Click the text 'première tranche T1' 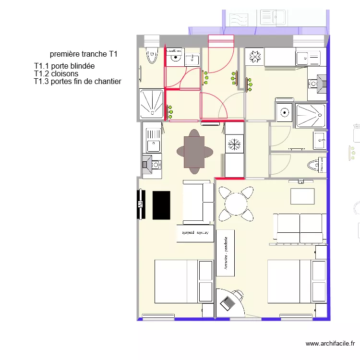(84, 54)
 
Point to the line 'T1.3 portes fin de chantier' (77, 82)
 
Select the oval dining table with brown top (194, 152)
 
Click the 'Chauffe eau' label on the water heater (174, 50)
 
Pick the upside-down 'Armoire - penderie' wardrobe (195, 233)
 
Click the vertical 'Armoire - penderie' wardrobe (226, 253)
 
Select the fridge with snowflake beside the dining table (235, 144)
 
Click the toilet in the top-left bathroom (153, 57)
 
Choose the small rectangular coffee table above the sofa (302, 196)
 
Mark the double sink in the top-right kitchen (308, 58)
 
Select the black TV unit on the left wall (142, 204)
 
